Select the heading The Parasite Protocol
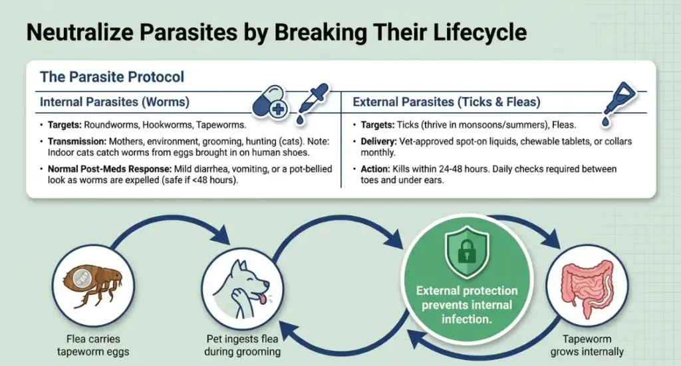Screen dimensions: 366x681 112,76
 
